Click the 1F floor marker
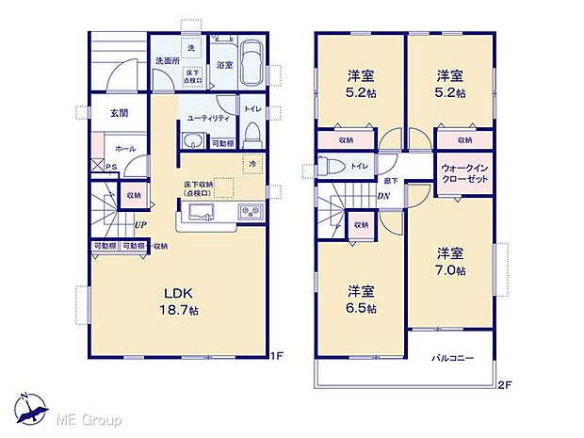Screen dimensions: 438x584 277,356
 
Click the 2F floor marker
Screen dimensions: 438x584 505,385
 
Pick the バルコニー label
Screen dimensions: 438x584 452,359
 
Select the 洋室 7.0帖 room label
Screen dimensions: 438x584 448,261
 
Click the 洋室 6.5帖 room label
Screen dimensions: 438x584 360,300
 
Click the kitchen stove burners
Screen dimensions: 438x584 249,212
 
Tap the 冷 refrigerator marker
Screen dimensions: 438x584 252,164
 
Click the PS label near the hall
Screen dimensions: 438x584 112,169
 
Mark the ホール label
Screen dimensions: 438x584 124,149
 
